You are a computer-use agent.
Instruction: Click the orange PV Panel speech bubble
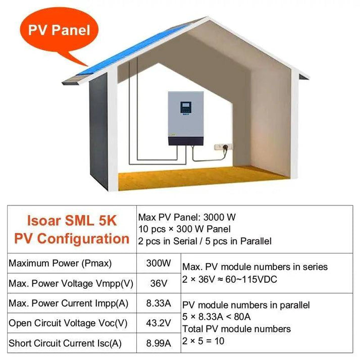click(59, 31)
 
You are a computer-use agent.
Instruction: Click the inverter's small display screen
click(185, 107)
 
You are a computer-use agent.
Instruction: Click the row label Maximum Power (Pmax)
click(60, 263)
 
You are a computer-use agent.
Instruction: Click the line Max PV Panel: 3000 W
click(187, 218)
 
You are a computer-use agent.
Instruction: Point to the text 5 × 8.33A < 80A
click(217, 317)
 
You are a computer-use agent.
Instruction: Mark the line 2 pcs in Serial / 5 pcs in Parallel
click(204, 241)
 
